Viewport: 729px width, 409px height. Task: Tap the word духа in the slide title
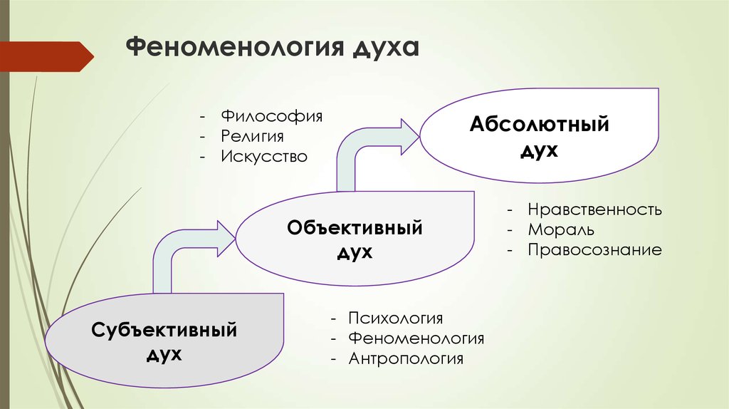[386, 48]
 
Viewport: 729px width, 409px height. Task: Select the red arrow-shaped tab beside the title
[47, 57]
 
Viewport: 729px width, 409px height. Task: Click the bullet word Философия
[271, 116]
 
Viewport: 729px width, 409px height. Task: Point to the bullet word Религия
[252, 136]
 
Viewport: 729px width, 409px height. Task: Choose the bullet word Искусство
[264, 156]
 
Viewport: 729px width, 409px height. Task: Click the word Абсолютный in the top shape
[540, 124]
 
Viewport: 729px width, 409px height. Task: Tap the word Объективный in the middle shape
[355, 227]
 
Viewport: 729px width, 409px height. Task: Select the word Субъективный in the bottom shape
[164, 330]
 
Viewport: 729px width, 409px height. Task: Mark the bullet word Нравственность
[594, 209]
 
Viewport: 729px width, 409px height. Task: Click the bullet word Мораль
[561, 230]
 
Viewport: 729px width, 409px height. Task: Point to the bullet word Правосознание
[594, 250]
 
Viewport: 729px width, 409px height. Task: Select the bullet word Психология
[395, 319]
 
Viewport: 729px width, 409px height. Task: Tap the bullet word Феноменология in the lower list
[416, 338]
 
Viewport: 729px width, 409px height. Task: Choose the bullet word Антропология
[406, 358]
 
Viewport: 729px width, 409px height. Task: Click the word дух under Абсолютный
[540, 150]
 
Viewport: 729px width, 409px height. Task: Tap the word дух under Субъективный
[164, 355]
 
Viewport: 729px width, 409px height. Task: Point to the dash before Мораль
[510, 230]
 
